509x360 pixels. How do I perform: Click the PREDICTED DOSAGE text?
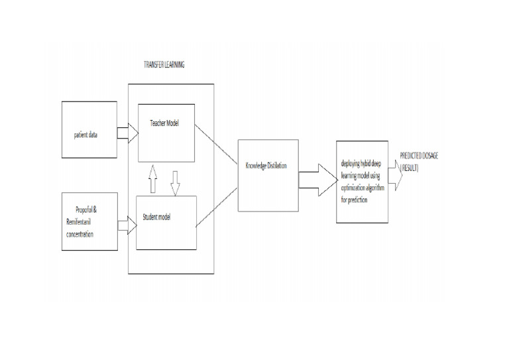tap(420, 155)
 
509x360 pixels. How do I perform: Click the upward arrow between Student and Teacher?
tap(152, 179)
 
